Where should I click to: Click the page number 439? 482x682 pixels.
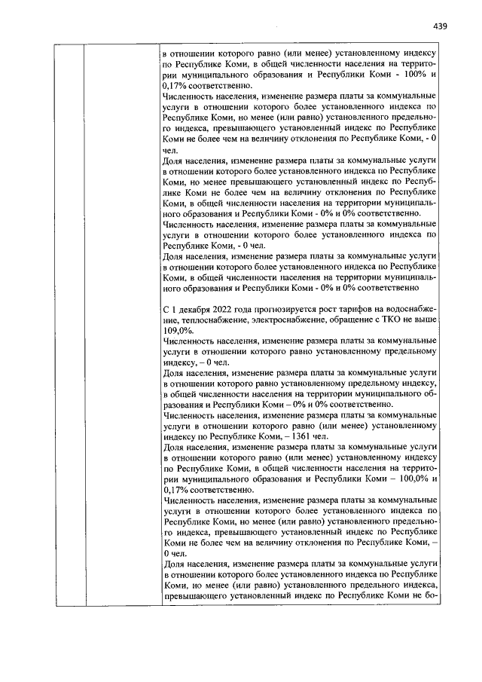coord(441,26)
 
